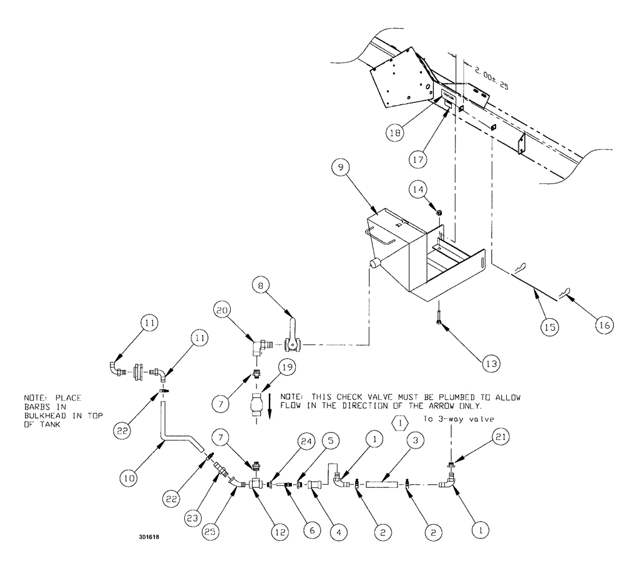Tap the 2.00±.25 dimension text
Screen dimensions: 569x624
491,79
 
